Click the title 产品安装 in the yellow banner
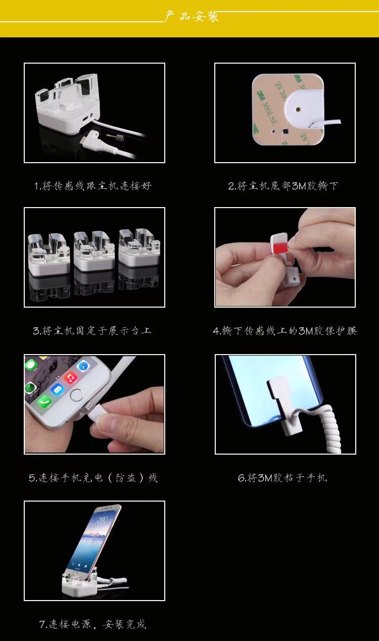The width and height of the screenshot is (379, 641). click(x=191, y=16)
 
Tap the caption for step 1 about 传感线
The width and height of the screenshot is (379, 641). click(x=93, y=186)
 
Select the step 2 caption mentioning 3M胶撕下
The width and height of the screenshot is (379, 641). click(x=283, y=186)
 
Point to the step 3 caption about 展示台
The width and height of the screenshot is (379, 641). click(x=92, y=331)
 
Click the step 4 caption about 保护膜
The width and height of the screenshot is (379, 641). click(x=285, y=331)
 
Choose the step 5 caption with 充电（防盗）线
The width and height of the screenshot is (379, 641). click(x=93, y=478)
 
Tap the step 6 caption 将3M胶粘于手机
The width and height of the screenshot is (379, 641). click(x=282, y=478)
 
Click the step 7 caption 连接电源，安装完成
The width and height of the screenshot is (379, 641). click(x=93, y=624)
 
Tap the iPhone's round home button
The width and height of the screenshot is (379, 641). click(x=76, y=395)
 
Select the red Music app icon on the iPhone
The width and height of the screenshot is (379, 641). click(x=70, y=378)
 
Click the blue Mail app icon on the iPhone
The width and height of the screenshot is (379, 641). click(x=58, y=389)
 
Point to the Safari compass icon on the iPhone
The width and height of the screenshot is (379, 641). click(x=83, y=366)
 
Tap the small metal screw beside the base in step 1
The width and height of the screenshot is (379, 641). click(x=115, y=137)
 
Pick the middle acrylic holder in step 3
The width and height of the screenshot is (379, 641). click(x=94, y=251)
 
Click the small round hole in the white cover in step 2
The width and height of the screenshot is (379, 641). click(x=298, y=109)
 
